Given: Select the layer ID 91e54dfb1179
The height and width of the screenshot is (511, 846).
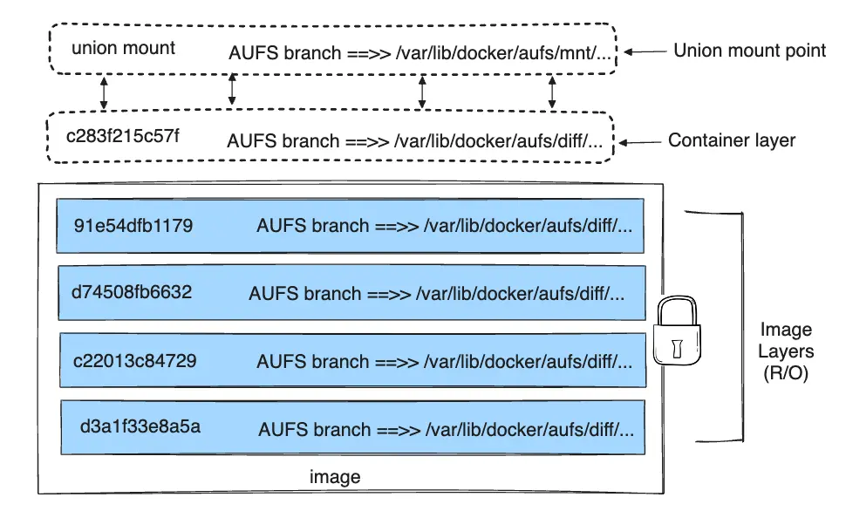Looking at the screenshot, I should coord(133,226).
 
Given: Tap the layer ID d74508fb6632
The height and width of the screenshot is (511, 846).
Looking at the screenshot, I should coord(132,291).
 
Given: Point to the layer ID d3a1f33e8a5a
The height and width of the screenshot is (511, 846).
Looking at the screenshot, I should coord(140,427).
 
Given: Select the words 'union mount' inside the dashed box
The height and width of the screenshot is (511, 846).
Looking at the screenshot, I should coord(123,48).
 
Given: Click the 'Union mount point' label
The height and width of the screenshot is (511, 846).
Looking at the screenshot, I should coord(749,51).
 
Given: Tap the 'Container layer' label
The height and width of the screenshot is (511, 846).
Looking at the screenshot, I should coord(732,140).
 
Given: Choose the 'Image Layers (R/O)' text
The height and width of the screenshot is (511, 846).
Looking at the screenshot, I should coord(786,351).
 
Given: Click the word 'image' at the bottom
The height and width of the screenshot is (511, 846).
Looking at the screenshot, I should coord(335,478).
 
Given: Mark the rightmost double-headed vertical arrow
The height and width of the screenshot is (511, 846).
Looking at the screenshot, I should coord(552,91).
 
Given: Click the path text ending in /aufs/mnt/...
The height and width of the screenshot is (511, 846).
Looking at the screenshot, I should coord(506,53).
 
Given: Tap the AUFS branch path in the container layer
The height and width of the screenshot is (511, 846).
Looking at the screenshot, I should coord(414,141).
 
